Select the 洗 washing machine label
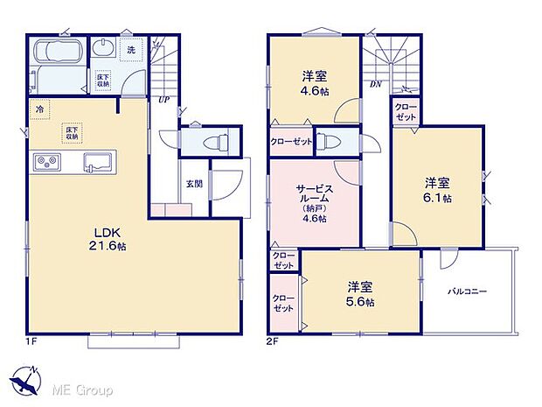point(129,49)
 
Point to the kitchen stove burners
point(46,163)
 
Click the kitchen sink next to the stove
point(97,162)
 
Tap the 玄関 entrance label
point(194,184)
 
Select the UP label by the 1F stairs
point(163,99)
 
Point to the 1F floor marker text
point(31,341)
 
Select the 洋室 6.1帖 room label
point(437,190)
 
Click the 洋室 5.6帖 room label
point(358,293)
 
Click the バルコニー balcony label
point(468,291)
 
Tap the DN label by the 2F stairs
point(375,84)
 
